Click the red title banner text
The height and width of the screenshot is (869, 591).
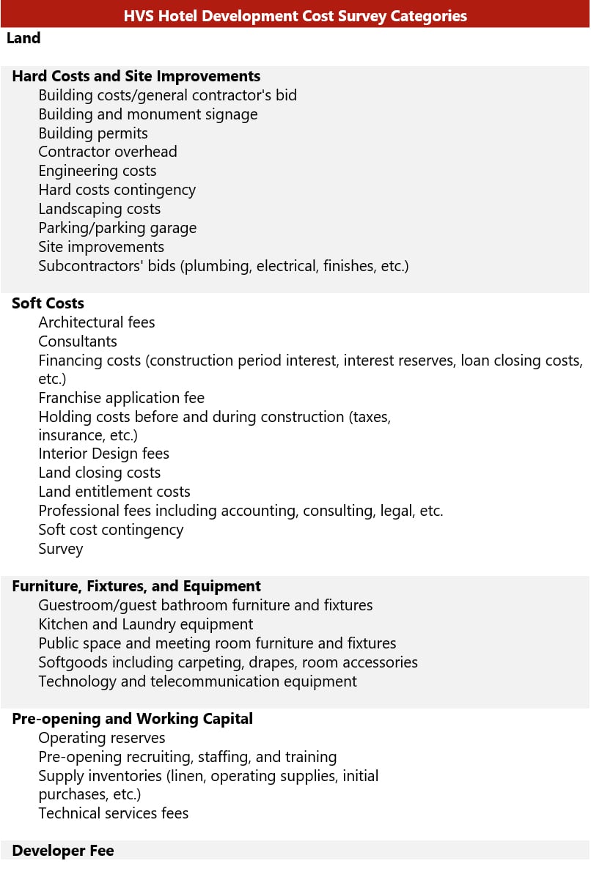pos(295,15)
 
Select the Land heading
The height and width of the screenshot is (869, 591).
pos(23,38)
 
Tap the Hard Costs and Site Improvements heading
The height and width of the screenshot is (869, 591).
pos(136,76)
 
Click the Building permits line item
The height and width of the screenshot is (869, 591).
pos(93,133)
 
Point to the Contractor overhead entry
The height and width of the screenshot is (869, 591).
pos(108,152)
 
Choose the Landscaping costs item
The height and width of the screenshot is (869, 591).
pos(100,209)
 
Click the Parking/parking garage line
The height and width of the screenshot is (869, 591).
pos(117,228)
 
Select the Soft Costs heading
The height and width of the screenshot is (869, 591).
pos(48,303)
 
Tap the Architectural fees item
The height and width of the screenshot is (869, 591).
pos(97,322)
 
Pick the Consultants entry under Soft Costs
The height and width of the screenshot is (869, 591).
pos(78,341)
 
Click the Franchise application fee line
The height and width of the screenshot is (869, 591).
pos(122,398)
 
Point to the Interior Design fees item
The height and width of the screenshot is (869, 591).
pos(104,454)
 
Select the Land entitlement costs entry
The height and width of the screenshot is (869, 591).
pos(114,492)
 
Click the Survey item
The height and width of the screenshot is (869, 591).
pos(61,549)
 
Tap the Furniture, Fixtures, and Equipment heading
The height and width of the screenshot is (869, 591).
pos(136,586)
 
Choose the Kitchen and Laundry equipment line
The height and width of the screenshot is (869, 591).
pos(146,624)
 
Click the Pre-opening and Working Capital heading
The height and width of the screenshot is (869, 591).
pos(132,719)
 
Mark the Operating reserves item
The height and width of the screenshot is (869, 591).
pos(102,738)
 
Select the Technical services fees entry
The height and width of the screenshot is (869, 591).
pos(114,813)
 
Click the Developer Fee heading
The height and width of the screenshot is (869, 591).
pos(63,851)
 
